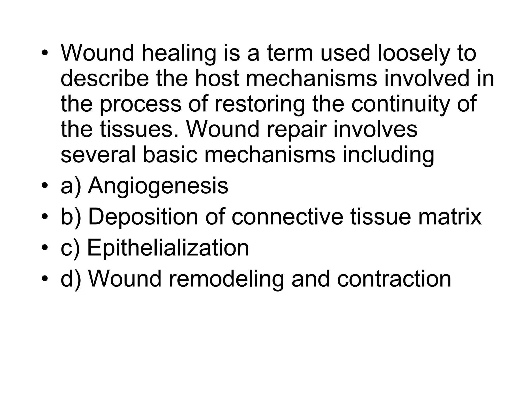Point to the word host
click(x=217, y=79)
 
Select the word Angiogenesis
click(x=158, y=186)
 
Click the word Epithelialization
click(x=168, y=247)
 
